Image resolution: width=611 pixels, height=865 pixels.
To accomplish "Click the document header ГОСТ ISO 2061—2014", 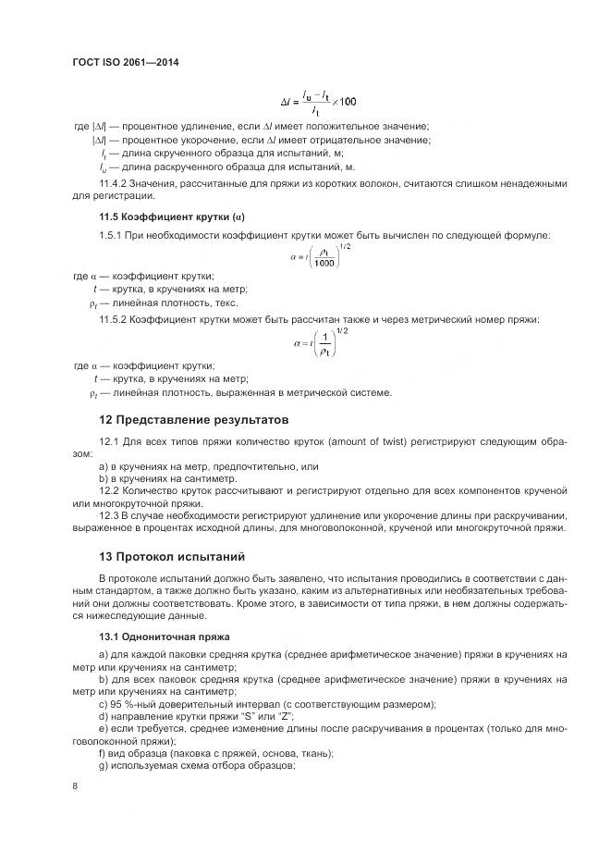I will click(125, 63).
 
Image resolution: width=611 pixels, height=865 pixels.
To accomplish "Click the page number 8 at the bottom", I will click(75, 786).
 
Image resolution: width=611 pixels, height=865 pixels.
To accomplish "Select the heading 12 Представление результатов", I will click(193, 419).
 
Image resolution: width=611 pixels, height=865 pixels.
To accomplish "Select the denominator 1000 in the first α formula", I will click(324, 264).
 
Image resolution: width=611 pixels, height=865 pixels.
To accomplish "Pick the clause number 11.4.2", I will click(114, 184).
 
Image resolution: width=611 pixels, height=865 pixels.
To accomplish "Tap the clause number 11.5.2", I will click(114, 319).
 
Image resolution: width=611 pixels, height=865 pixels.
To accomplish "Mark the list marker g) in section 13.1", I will click(103, 767).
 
